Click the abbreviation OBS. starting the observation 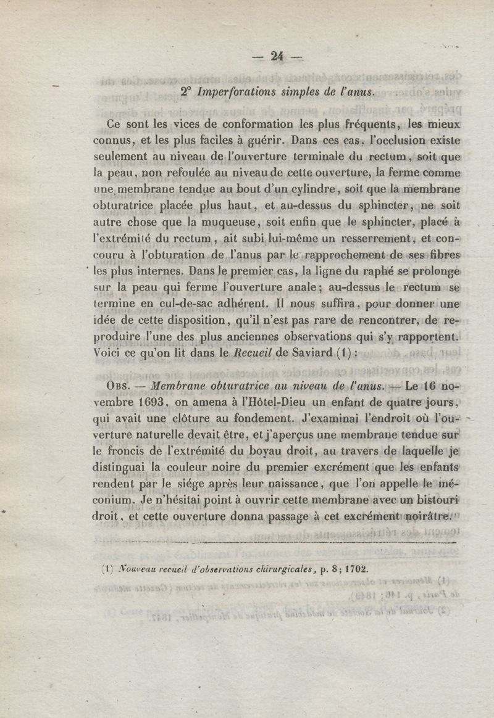(122, 387)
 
